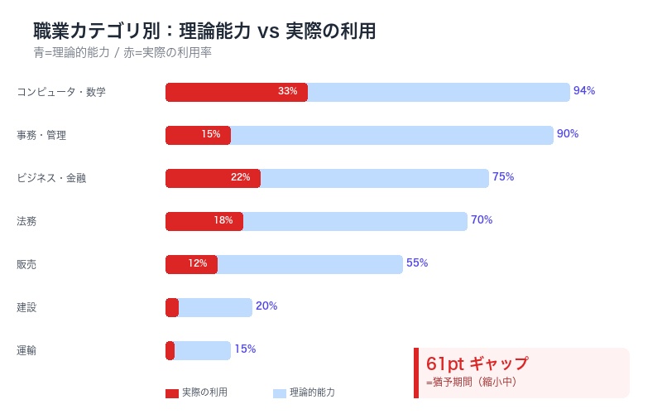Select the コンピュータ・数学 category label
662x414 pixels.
coord(61,92)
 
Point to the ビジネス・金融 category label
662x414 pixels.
coord(51,178)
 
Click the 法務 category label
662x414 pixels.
coord(26,221)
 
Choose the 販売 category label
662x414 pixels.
coord(26,264)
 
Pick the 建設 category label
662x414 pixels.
coord(26,307)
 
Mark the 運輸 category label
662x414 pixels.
coord(26,350)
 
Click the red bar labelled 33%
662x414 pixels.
coord(237,92)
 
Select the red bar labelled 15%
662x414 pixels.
coord(198,135)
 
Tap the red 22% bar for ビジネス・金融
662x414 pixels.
coord(213,178)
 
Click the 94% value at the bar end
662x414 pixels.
coord(584,91)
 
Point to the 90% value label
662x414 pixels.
coord(568,134)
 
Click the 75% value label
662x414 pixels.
coord(503,177)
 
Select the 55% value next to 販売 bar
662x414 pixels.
coord(417,263)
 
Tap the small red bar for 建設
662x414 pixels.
coord(172,307)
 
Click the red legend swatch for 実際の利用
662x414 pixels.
coord(172,393)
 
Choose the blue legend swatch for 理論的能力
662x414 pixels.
coord(279,393)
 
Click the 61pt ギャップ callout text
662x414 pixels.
coord(477,363)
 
